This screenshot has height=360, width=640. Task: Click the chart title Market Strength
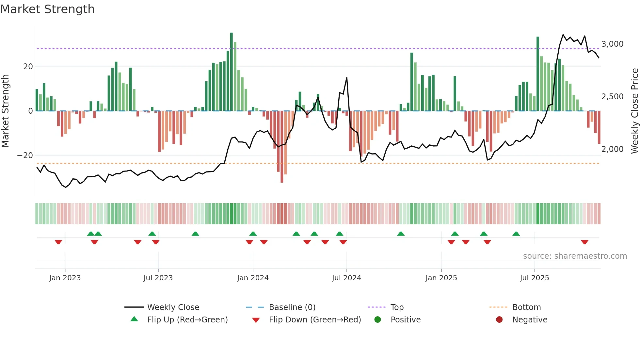[48, 9]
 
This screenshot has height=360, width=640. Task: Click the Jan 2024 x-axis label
[253, 278]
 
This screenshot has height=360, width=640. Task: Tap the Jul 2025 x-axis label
[535, 278]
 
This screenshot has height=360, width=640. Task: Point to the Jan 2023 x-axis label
[65, 278]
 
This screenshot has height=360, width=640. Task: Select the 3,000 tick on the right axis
[612, 44]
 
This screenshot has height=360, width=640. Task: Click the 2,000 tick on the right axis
[612, 149]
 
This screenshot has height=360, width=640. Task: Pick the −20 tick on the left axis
[25, 155]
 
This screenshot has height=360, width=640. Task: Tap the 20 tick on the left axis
[28, 67]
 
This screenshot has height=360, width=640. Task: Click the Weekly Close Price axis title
[634, 111]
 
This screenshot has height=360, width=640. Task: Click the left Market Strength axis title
[6, 111]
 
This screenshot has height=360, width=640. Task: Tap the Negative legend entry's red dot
[499, 320]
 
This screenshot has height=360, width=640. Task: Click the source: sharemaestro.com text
[575, 256]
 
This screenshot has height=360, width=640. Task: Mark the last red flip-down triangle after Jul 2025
[584, 242]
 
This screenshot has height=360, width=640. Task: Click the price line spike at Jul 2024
[346, 78]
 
